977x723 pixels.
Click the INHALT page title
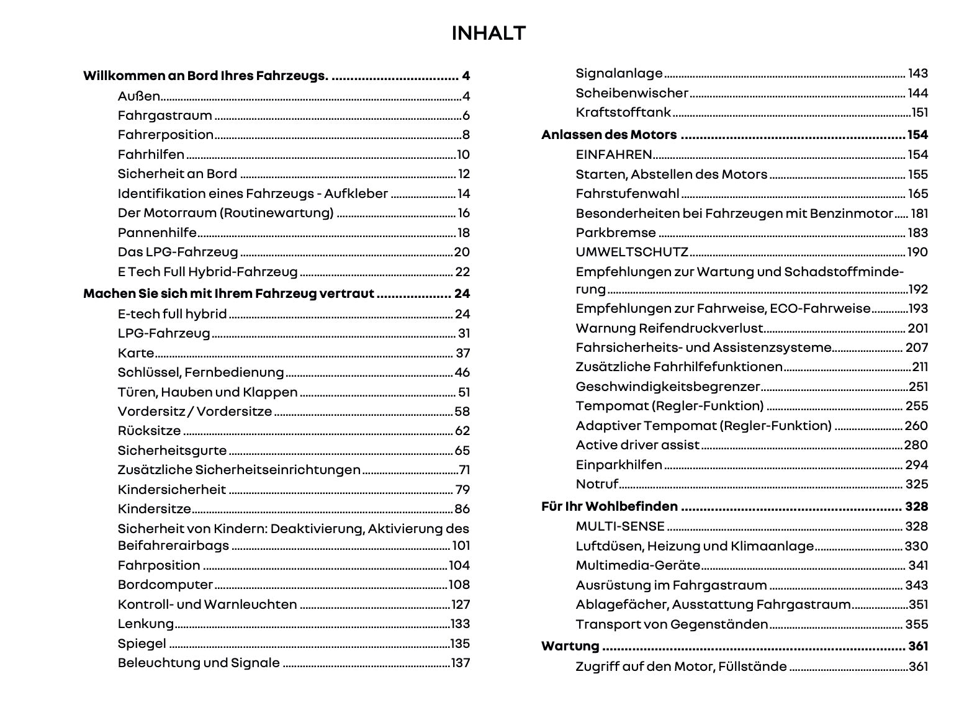488,34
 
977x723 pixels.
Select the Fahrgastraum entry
164,116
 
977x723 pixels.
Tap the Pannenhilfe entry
157,233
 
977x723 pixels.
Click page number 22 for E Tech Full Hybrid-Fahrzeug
462,272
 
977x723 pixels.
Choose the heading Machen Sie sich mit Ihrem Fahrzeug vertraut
228,294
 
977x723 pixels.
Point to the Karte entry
136,353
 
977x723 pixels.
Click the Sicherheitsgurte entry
172,451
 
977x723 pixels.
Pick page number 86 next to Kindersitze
462,509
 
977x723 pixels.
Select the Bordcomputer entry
165,585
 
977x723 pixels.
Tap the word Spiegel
142,644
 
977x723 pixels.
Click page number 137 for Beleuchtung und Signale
460,663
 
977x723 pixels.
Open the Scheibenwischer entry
632,93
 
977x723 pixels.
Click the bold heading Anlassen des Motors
609,135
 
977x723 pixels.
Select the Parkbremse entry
616,233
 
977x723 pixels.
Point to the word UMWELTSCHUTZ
632,252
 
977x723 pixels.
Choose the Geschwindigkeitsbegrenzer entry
668,387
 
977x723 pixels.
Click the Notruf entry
597,484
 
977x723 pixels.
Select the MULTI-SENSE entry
620,526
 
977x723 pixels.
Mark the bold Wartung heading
570,646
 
